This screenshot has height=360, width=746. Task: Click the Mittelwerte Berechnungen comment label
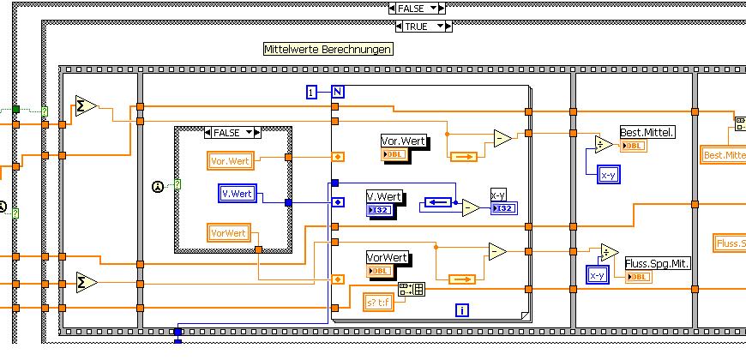tap(328, 49)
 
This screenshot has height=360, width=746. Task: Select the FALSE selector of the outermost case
tap(417, 8)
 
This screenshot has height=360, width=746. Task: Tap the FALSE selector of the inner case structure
tap(232, 133)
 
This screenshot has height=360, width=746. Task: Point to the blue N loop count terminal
tap(337, 91)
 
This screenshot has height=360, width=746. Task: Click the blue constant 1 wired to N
tap(312, 91)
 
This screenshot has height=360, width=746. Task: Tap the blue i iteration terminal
tap(462, 310)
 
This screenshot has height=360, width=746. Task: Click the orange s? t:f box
tap(377, 302)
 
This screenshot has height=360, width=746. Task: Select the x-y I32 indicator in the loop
tap(503, 201)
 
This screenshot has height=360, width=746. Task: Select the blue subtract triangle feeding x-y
tap(471, 207)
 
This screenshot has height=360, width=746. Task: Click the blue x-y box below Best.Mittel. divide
tap(609, 175)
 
